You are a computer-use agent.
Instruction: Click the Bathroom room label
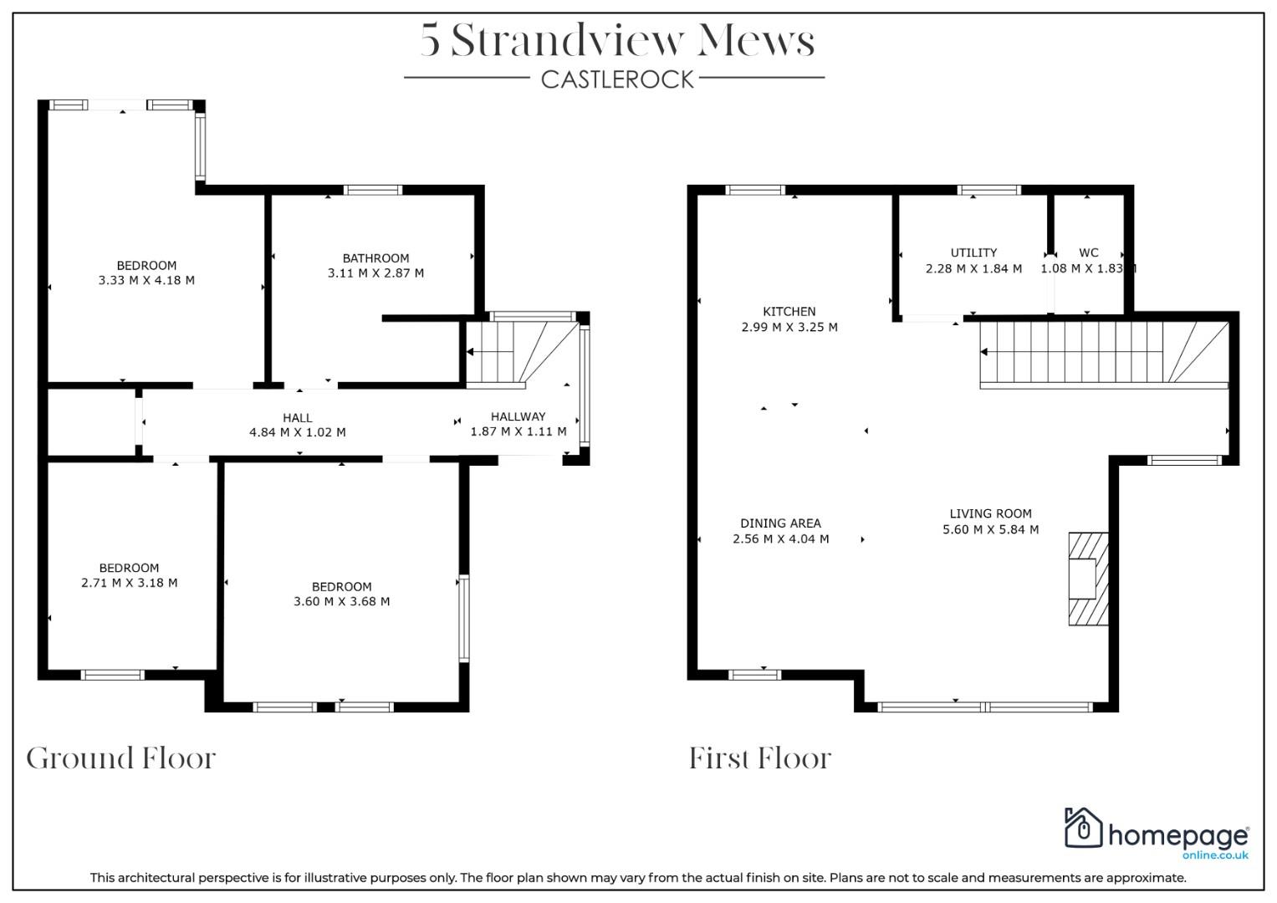point(375,258)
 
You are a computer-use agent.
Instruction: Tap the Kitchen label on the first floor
point(789,312)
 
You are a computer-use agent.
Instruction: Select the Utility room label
point(973,253)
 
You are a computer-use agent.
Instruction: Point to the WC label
point(1088,253)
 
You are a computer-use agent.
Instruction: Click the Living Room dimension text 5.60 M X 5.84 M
point(990,529)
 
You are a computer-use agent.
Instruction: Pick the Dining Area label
point(780,523)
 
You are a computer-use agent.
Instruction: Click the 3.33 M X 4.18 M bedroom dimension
point(146,280)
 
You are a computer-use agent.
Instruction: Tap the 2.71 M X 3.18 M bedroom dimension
point(130,583)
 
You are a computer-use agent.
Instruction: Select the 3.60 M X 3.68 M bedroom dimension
point(341,601)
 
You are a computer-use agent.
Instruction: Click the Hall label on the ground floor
point(297,418)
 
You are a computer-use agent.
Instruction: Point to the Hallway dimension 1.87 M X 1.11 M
point(518,431)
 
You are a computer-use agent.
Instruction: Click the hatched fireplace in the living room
point(1088,579)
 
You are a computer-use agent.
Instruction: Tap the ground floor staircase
point(522,355)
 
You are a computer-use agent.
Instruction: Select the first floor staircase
point(1104,355)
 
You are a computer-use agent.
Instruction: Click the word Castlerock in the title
point(617,79)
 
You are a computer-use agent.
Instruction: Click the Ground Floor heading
point(121,759)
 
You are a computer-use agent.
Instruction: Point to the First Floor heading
point(760,759)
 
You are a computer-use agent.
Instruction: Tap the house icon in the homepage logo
point(1083,827)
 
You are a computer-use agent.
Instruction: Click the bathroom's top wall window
point(372,190)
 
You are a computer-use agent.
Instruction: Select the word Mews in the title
point(756,40)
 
